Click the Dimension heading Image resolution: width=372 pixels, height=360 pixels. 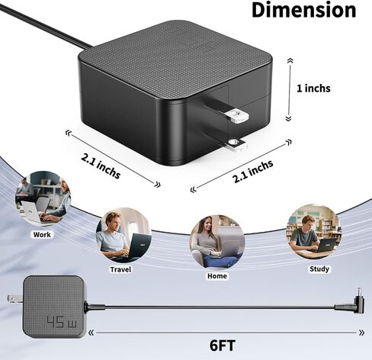[x=304, y=10]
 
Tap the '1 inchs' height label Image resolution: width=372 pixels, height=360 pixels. [x=313, y=88]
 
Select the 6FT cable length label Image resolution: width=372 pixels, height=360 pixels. [x=223, y=346]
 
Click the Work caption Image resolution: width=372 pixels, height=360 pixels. [x=42, y=234]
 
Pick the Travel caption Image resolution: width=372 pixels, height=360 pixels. [x=120, y=269]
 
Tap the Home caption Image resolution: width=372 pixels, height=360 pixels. [x=216, y=276]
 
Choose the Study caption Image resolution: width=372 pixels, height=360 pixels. [x=319, y=268]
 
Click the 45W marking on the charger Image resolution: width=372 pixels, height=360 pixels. [x=63, y=322]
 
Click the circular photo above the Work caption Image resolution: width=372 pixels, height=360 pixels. [x=43, y=198]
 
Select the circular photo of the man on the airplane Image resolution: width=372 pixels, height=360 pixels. [x=123, y=236]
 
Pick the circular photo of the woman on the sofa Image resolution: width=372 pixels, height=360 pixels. [x=217, y=242]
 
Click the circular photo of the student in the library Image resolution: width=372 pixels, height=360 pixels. [x=314, y=232]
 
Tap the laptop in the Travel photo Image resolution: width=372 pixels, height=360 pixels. [x=139, y=246]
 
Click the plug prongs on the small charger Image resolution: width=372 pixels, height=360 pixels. [x=14, y=298]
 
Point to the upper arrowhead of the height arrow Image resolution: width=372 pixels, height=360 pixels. [x=290, y=60]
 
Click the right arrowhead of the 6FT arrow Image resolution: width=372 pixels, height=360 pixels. [x=361, y=333]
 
